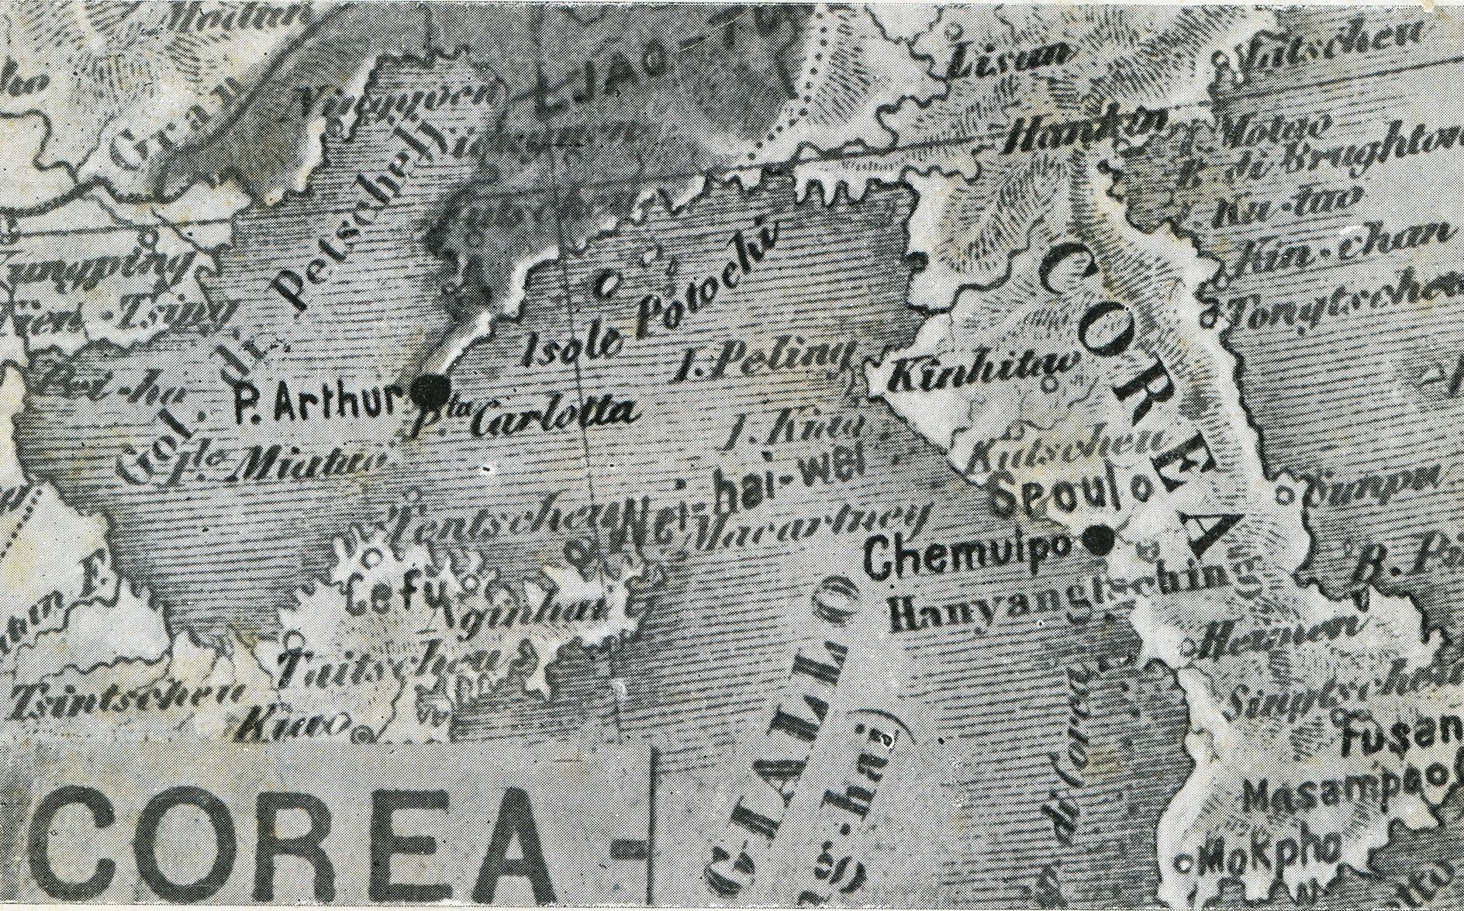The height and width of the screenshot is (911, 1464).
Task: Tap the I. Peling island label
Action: [x=764, y=358]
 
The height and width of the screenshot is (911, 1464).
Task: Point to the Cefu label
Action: [x=397, y=592]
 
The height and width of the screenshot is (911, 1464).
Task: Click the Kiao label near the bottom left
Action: [x=287, y=724]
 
